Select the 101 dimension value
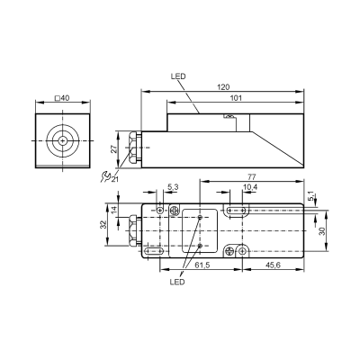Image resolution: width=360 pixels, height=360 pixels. (236, 98)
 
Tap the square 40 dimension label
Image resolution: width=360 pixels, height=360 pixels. (62, 98)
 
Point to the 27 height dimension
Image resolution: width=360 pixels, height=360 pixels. (114, 148)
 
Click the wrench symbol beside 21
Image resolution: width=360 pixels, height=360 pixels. (105, 176)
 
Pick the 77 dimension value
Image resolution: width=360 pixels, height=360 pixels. (252, 176)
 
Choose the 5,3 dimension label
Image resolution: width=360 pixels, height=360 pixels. (173, 187)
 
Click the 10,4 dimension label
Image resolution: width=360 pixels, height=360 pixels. (250, 187)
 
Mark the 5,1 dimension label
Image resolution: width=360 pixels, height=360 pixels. (312, 196)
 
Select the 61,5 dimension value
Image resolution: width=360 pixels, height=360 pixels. (202, 265)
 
